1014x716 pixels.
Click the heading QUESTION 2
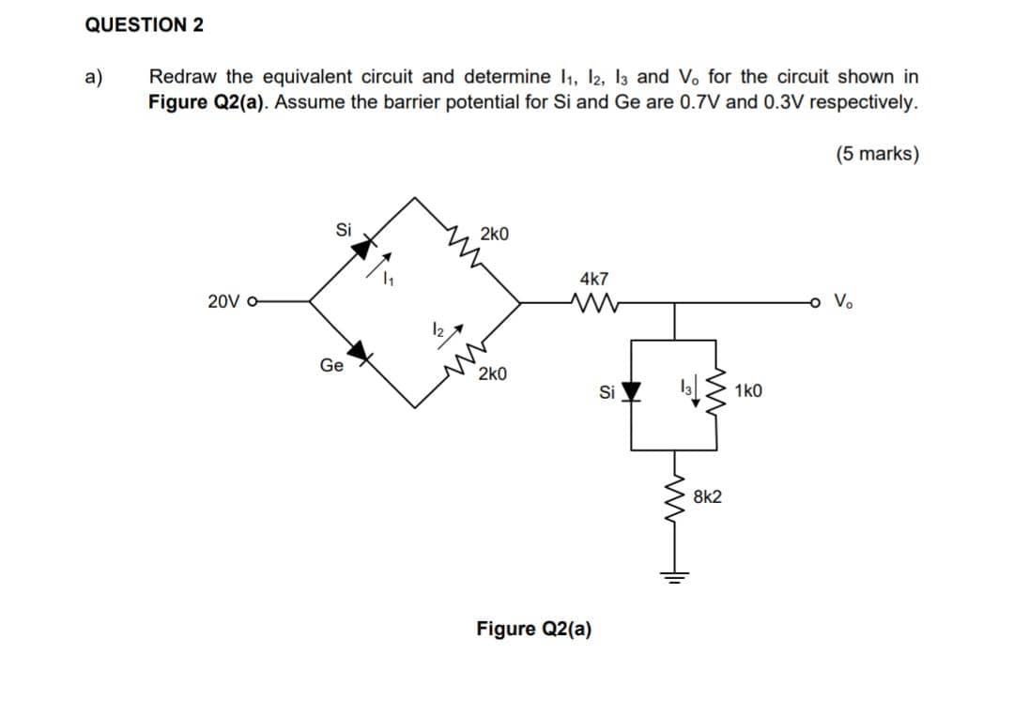click(x=144, y=25)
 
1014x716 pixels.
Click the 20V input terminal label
click(x=226, y=302)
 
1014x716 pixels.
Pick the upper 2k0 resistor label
click(x=495, y=233)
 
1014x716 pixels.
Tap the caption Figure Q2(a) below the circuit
click(x=533, y=628)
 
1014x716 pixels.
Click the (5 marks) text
click(x=875, y=154)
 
